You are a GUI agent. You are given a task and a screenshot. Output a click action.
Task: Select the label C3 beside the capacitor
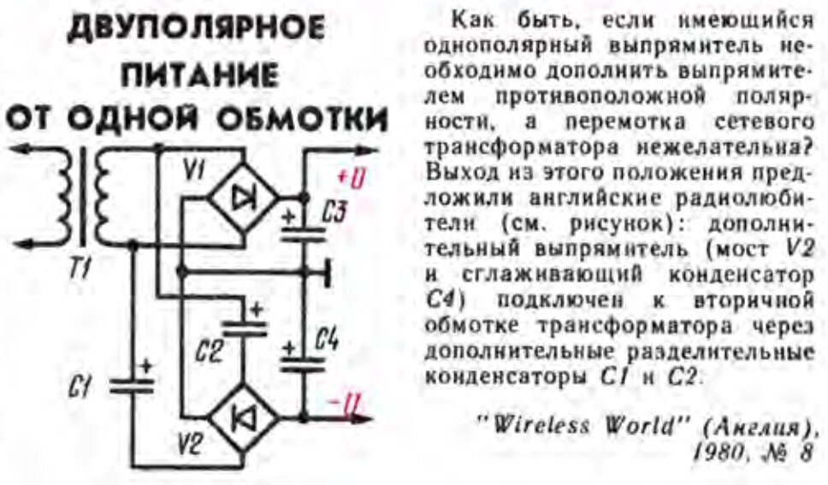(336, 214)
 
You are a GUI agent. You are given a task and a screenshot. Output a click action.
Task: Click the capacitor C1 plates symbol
(134, 381)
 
